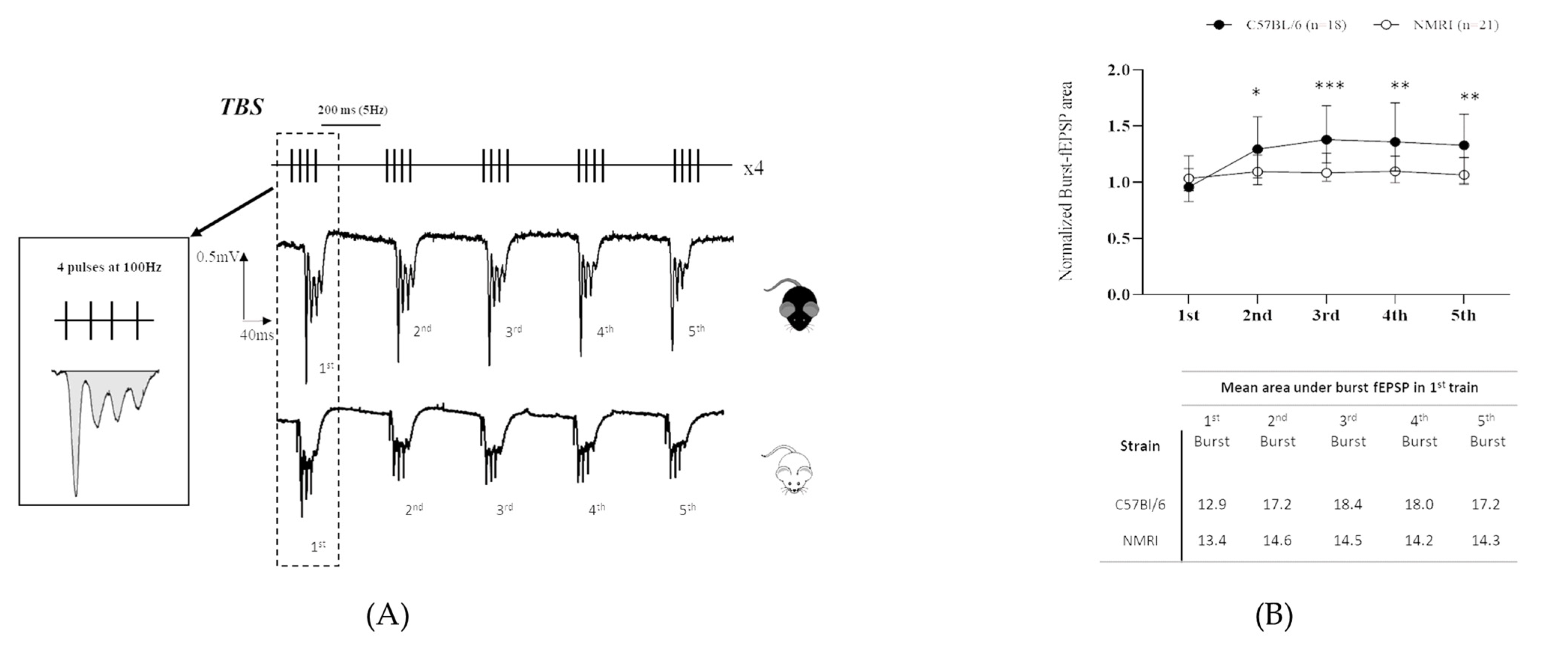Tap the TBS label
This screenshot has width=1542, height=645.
tap(242, 106)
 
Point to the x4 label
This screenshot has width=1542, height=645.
tap(753, 168)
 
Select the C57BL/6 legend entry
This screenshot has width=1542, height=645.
tap(1276, 24)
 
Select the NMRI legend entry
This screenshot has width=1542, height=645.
tap(1436, 24)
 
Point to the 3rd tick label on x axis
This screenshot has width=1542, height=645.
tap(1326, 315)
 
